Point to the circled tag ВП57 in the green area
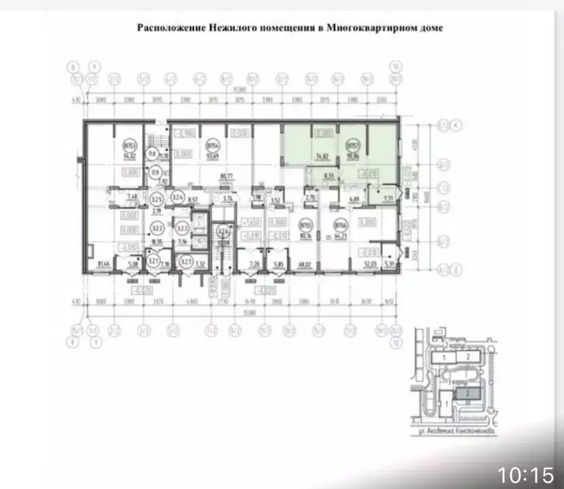pos(352,146)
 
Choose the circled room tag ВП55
pos(304,223)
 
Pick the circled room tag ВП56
pos(339,223)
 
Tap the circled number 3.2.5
pos(157,200)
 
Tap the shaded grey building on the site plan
pos(467,394)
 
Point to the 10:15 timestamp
pos(525,474)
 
